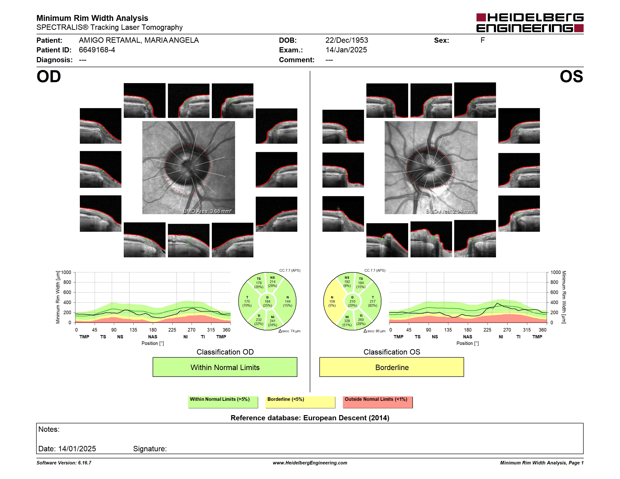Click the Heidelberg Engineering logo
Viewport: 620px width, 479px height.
(530, 23)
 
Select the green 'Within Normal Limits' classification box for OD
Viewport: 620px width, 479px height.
(225, 367)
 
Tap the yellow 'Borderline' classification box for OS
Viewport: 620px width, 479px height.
(391, 367)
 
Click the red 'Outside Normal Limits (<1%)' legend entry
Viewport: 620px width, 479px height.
(378, 402)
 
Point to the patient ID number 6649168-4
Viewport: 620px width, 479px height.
(97, 50)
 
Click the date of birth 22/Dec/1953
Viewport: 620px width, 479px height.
(347, 40)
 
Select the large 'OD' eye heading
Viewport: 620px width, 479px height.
(49, 77)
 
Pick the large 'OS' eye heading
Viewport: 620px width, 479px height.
(571, 77)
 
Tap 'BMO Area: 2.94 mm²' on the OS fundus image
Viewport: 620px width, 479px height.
(450, 211)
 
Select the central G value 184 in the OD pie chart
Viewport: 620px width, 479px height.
(267, 301)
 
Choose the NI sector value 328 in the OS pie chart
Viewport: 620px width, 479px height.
(347, 321)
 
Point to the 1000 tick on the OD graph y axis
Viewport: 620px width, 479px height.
(66, 272)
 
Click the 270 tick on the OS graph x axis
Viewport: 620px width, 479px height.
(507, 330)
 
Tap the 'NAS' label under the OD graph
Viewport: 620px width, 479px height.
(152, 337)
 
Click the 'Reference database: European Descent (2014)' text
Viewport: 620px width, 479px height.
(310, 418)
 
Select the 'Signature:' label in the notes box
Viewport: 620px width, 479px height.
(150, 449)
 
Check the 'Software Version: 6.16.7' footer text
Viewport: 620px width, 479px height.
(64, 463)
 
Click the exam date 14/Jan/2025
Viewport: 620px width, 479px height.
(346, 50)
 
